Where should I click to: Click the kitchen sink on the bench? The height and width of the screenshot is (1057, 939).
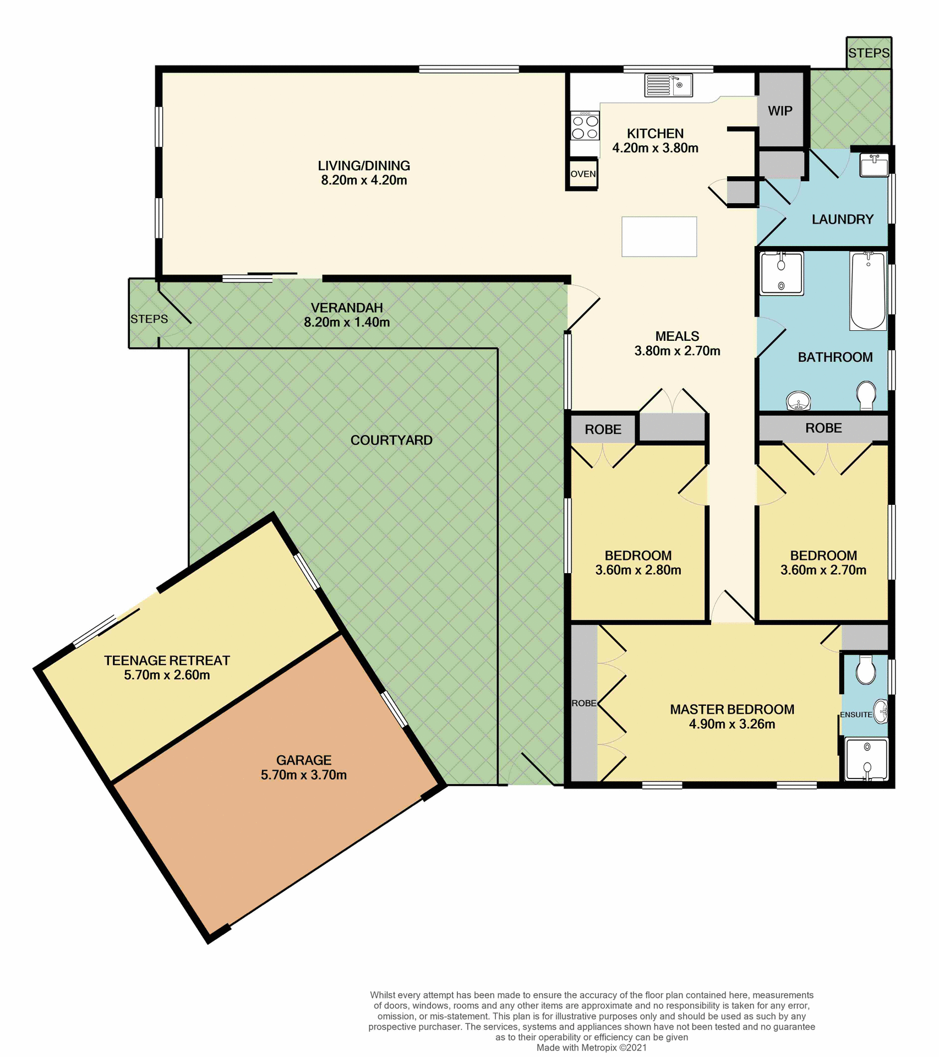click(668, 85)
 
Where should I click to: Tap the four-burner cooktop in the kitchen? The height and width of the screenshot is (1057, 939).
click(585, 127)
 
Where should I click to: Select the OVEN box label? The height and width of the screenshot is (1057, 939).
click(583, 174)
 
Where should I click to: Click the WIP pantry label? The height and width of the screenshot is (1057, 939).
click(780, 111)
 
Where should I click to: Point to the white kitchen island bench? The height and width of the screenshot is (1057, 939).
click(659, 237)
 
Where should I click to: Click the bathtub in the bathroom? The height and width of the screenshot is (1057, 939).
click(868, 291)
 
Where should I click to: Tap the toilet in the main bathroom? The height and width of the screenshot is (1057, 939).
click(866, 395)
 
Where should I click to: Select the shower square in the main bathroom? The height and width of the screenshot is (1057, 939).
click(781, 273)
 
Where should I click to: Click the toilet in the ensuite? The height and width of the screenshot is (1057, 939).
click(866, 670)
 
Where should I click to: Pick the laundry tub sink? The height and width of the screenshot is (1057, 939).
click(874, 165)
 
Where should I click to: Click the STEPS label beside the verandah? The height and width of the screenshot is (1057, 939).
click(149, 319)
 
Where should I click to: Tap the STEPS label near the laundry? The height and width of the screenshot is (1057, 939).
click(869, 53)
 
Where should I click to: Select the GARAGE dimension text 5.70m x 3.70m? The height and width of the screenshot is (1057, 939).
click(303, 775)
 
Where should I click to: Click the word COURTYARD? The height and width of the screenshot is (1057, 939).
click(391, 440)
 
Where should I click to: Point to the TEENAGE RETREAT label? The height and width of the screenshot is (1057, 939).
click(167, 661)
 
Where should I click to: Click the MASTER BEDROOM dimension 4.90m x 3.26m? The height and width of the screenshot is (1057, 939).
click(731, 724)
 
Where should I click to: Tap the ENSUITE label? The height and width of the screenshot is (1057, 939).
click(855, 715)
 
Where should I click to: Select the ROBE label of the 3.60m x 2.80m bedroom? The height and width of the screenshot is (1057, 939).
click(603, 429)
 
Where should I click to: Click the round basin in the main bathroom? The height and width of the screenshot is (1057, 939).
click(798, 400)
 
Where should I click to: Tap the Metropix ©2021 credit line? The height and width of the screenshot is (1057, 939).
click(591, 1048)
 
